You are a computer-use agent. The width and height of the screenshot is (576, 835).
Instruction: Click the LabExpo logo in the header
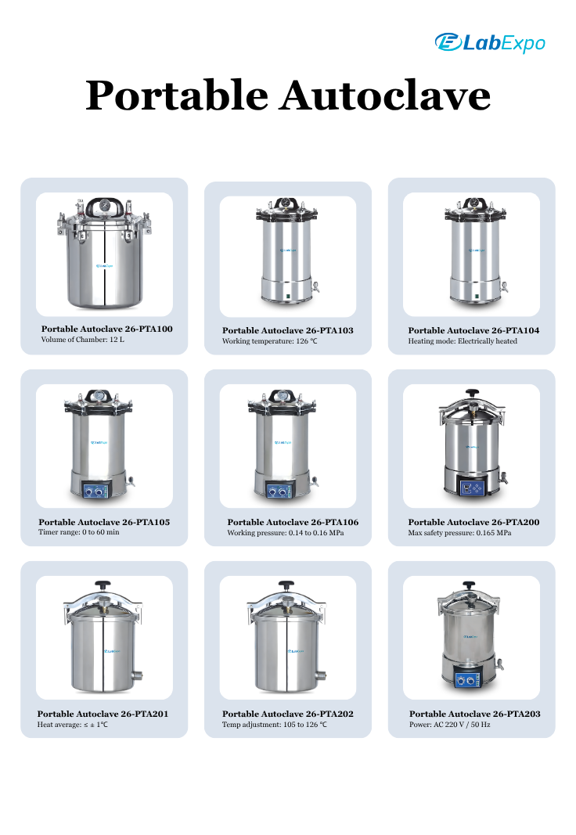490,42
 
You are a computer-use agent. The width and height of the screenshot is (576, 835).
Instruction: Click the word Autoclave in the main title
386,95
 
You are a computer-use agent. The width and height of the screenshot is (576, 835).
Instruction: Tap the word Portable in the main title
177,95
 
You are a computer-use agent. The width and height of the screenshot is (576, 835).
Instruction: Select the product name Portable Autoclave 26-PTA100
107,329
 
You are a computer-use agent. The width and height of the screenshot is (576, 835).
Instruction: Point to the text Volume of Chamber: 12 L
82,340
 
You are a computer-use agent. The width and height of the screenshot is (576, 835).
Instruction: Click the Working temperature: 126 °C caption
269,341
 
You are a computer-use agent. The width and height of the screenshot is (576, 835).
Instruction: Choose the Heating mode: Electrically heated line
463,341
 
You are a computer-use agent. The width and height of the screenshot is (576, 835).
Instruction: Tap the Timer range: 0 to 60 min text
79,532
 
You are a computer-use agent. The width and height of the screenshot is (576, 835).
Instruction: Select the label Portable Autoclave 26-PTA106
293,523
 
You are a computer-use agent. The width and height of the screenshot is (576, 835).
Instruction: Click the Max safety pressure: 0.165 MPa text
459,533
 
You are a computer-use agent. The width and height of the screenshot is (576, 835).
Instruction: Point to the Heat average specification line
73,725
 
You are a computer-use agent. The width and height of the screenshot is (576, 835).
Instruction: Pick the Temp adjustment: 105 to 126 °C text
275,725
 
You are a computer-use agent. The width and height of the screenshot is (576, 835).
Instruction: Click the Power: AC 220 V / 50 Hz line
450,725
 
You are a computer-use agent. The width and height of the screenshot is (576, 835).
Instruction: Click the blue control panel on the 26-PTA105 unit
96,490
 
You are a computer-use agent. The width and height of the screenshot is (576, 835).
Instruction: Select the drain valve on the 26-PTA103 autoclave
315,287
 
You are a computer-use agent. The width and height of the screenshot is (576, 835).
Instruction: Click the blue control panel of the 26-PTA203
468,679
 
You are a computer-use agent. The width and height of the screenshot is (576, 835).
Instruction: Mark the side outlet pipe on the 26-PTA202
321,676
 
